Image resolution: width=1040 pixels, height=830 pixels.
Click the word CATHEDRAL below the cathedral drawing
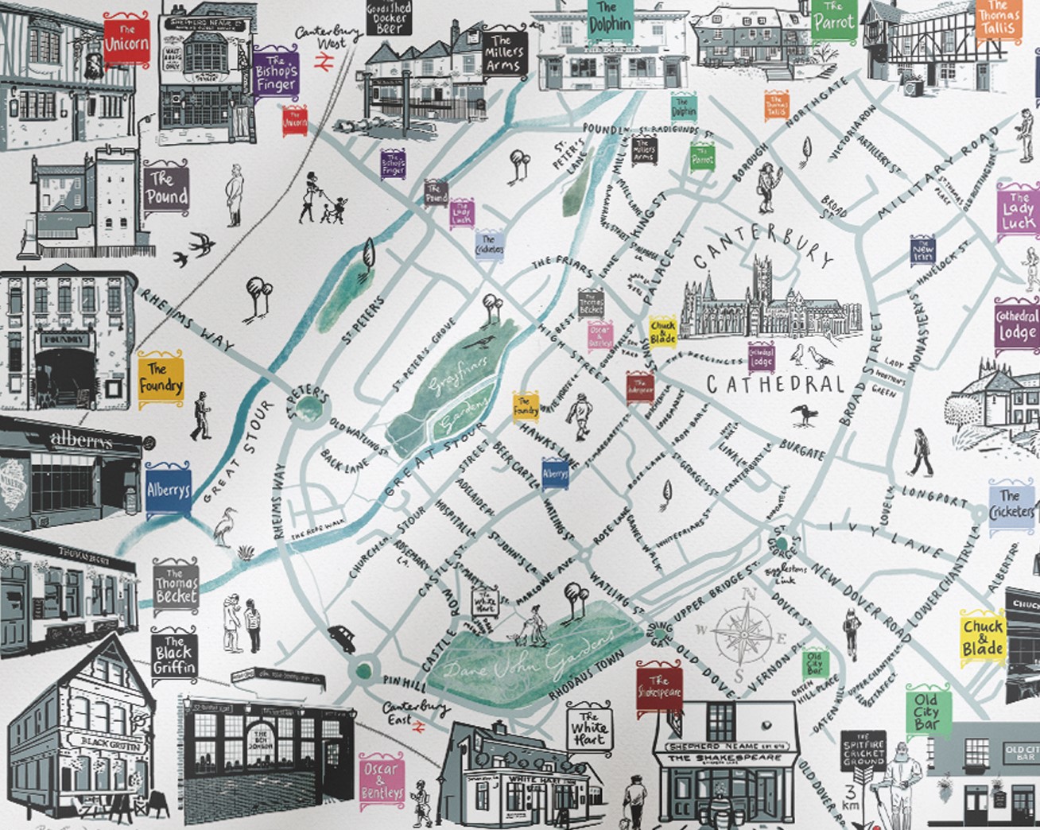click(775, 385)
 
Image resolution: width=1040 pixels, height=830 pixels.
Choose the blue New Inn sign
click(923, 249)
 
